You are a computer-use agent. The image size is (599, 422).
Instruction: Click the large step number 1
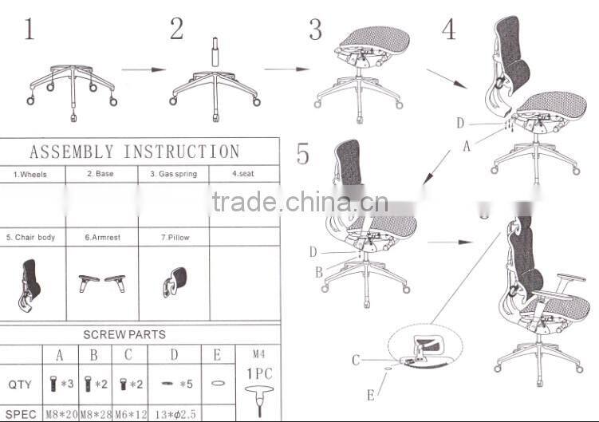click(30, 30)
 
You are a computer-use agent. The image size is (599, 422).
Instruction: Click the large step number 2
click(176, 30)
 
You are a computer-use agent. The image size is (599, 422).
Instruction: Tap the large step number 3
click(316, 30)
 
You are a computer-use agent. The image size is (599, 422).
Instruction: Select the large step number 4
click(449, 30)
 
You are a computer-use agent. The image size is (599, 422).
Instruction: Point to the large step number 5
click(303, 153)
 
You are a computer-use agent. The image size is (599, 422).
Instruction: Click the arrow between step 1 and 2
click(144, 70)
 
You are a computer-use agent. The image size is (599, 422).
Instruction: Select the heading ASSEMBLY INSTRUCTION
click(134, 152)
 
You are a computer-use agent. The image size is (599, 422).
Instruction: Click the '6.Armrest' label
click(101, 238)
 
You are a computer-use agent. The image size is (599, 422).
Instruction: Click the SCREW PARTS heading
click(124, 334)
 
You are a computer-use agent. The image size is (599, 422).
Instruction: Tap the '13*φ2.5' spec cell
click(174, 414)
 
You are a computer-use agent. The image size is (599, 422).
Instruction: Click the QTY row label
click(21, 385)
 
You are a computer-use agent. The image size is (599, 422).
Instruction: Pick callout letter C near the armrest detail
click(357, 361)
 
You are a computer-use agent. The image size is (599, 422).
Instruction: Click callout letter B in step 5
click(319, 272)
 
